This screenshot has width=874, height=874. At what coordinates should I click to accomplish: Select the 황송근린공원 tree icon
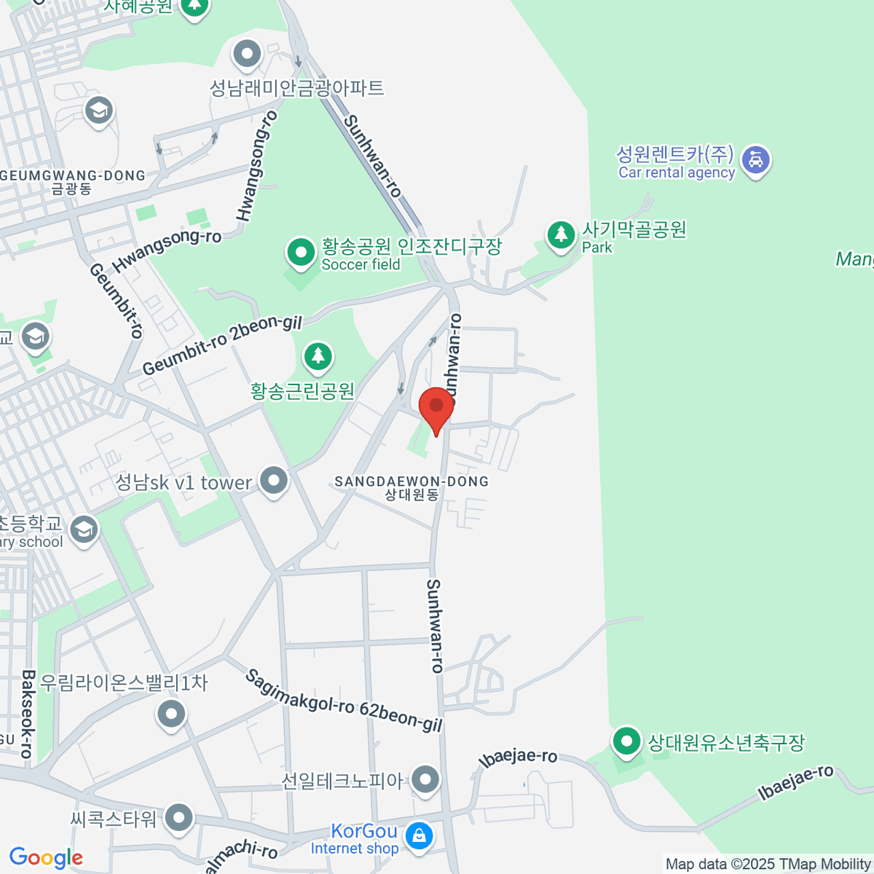pyautogui.click(x=318, y=356)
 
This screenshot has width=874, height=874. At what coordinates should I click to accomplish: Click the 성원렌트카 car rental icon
pyautogui.click(x=755, y=160)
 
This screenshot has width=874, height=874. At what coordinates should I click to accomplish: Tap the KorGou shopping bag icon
pyautogui.click(x=419, y=836)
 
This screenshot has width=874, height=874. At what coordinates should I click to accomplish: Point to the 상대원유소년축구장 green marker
pyautogui.click(x=626, y=742)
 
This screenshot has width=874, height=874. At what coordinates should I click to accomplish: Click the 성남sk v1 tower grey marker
pyautogui.click(x=274, y=481)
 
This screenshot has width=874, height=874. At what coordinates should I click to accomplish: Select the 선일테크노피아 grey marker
pyautogui.click(x=425, y=780)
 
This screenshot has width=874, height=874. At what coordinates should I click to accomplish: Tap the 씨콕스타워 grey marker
pyautogui.click(x=178, y=818)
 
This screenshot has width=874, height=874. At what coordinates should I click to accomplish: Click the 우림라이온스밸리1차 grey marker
pyautogui.click(x=172, y=714)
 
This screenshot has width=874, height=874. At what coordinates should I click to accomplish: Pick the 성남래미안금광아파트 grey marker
pyautogui.click(x=247, y=54)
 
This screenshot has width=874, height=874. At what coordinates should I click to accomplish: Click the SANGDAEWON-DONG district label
pyautogui.click(x=412, y=481)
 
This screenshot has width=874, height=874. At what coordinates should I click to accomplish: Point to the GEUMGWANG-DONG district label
pyautogui.click(x=73, y=176)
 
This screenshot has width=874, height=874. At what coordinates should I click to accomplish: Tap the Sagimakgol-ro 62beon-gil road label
pyautogui.click(x=344, y=701)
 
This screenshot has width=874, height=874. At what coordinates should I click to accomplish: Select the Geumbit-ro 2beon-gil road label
pyautogui.click(x=221, y=345)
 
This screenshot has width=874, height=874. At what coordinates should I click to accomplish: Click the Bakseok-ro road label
pyautogui.click(x=28, y=714)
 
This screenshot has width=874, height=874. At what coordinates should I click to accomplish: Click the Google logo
pyautogui.click(x=46, y=857)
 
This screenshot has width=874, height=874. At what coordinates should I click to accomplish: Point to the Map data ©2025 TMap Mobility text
pyautogui.click(x=768, y=864)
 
